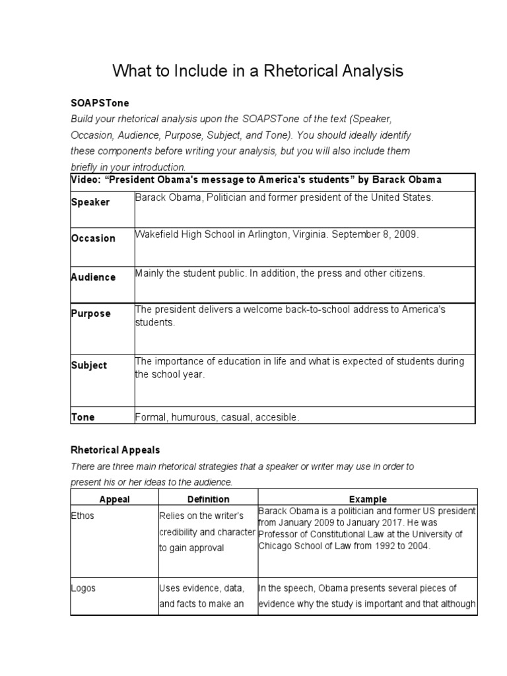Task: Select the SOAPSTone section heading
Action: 100,104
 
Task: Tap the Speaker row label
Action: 90,202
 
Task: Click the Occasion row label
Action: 93,238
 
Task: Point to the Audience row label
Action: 93,277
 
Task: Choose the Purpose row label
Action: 91,314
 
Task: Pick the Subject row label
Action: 89,365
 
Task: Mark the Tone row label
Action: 83,417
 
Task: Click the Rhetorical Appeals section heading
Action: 116,450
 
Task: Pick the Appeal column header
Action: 114,499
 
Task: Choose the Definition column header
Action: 208,499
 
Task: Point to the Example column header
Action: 368,499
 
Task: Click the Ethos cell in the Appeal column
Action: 83,516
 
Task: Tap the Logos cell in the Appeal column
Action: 83,588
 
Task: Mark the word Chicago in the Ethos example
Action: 276,545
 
